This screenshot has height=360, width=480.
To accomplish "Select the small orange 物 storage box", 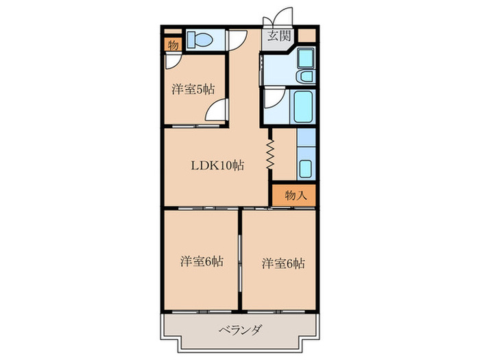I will (172, 45).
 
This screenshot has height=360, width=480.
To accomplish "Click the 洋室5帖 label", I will (193, 89).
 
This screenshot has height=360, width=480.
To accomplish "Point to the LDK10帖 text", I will (217, 165).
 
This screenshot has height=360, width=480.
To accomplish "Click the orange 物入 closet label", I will (294, 195).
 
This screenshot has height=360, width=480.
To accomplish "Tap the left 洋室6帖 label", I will (202, 261).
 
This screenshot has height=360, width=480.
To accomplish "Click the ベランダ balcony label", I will (239, 330).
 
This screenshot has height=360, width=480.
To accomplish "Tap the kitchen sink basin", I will (306, 167).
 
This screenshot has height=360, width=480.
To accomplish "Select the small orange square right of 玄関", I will (307, 36).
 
